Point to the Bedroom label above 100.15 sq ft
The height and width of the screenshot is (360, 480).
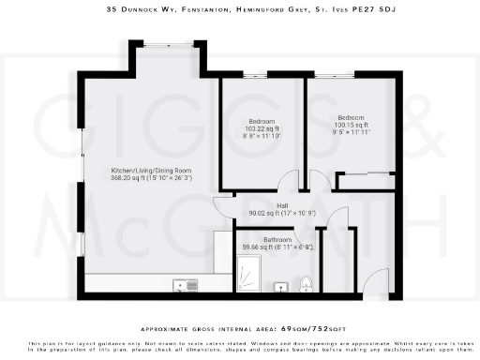[352, 118]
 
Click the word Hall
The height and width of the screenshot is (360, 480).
[282, 205]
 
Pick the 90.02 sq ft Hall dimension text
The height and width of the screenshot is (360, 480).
[282, 213]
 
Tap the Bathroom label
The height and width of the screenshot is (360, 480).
[277, 239]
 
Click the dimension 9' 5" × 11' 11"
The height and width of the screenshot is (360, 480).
[352, 132]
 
